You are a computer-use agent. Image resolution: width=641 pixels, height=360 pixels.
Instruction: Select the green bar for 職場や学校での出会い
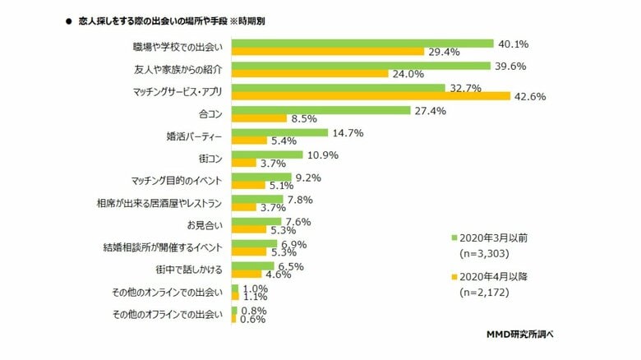coord(362,43)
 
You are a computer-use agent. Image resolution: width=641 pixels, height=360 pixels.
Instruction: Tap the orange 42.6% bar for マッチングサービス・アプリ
coord(371,96)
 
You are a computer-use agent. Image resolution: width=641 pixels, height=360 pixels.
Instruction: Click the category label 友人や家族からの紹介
coord(178,69)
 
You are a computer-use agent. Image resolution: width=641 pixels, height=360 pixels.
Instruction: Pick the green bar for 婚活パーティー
coord(280,132)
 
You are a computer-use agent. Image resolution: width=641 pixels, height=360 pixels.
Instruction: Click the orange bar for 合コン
coord(260,118)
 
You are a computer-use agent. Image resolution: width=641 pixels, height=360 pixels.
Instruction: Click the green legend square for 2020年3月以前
coord(454,238)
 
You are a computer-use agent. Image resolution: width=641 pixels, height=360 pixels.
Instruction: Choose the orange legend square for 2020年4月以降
coord(454,277)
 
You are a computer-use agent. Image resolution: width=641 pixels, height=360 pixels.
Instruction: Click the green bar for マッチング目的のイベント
coord(262,176)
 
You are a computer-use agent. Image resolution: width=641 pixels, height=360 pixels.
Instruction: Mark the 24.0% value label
coord(408,74)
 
